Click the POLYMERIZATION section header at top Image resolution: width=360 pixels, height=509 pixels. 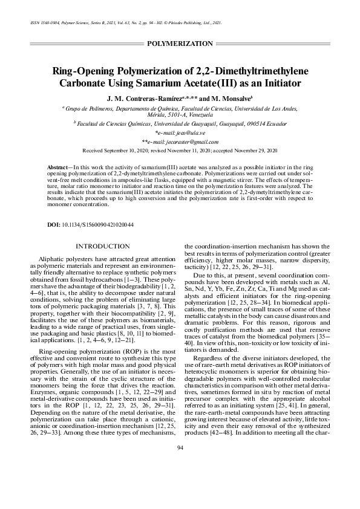[180, 44]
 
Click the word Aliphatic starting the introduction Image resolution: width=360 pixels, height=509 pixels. [51, 259]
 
